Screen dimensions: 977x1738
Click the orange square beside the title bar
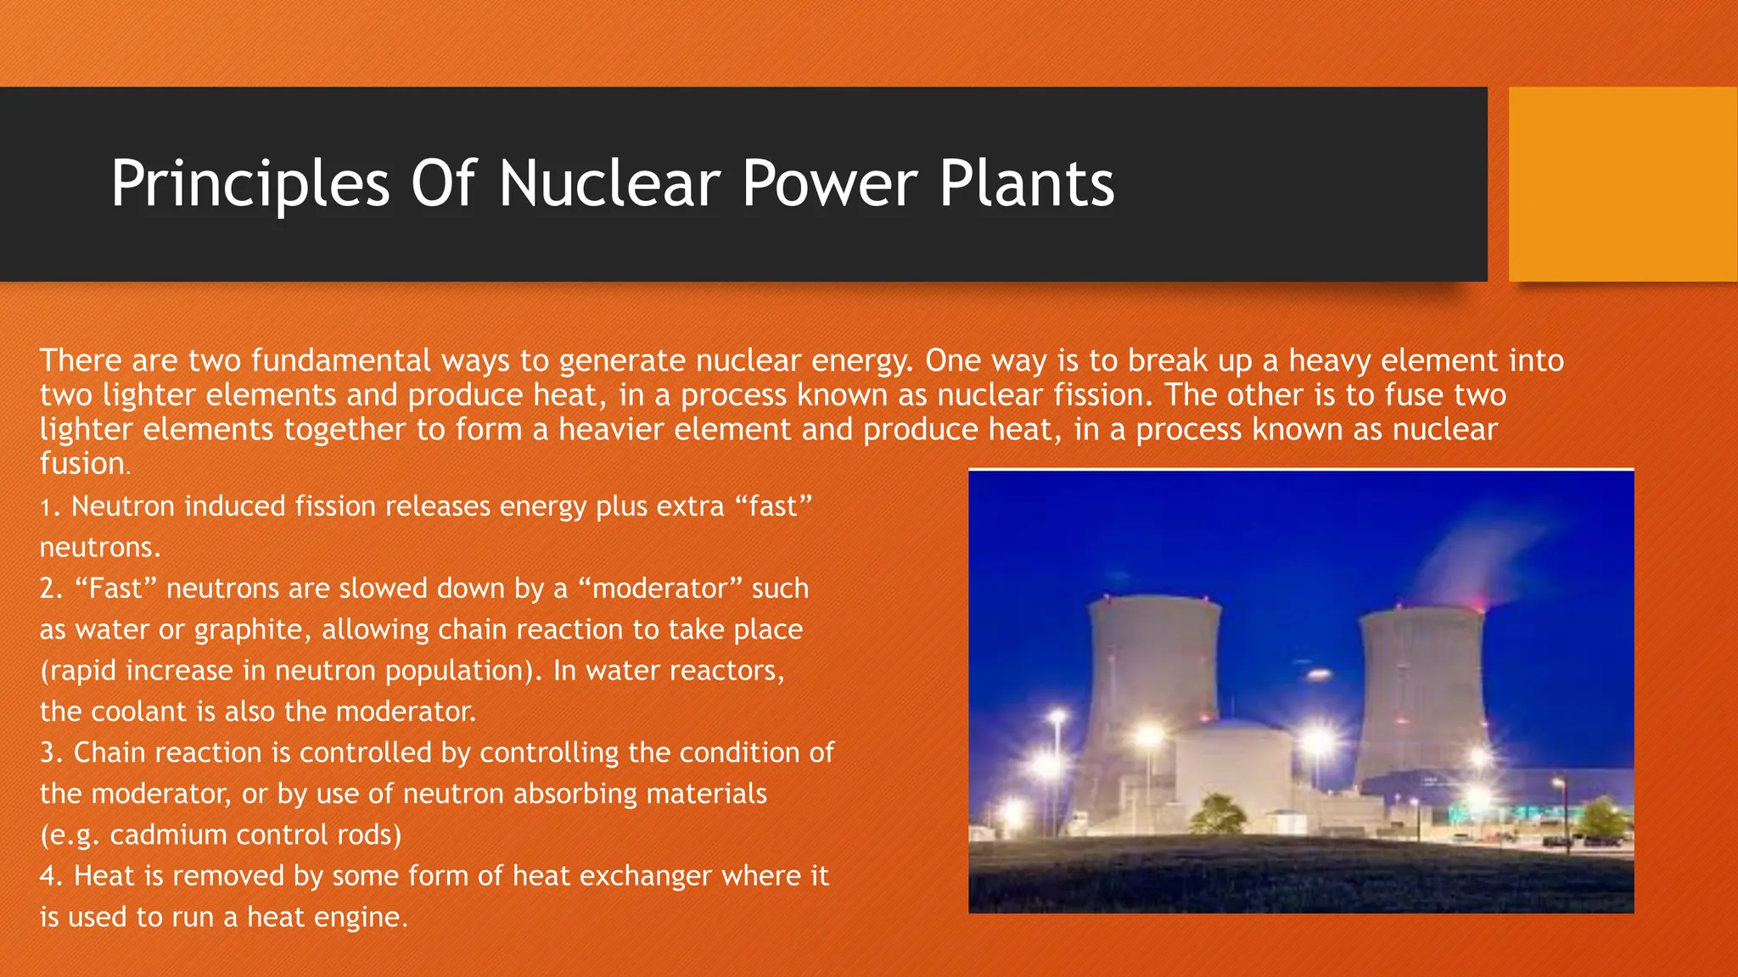[x=1623, y=184]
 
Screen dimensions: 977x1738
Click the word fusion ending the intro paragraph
[x=82, y=464]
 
